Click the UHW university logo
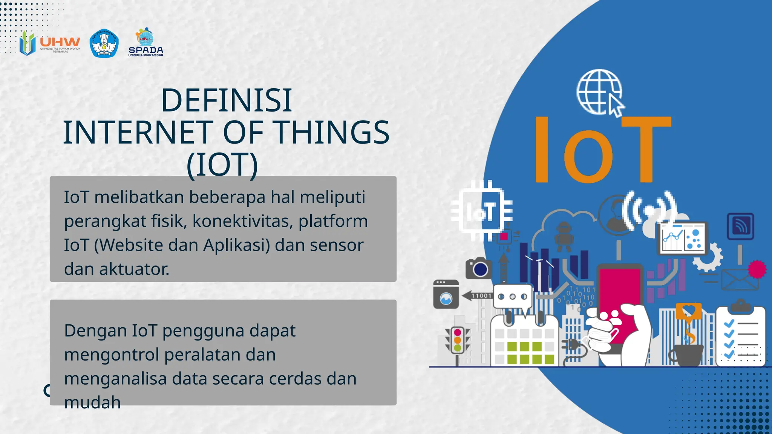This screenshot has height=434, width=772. click(x=50, y=44)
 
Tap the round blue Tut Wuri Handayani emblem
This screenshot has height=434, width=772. click(x=104, y=44)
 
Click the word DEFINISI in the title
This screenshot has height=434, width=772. click(x=226, y=100)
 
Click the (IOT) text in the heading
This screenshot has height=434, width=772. click(x=222, y=165)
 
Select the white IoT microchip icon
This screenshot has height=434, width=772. click(x=482, y=211)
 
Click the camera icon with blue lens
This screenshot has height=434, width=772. click(x=479, y=268)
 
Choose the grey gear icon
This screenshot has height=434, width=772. click(x=708, y=257)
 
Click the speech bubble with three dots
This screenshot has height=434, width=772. click(x=513, y=297)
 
